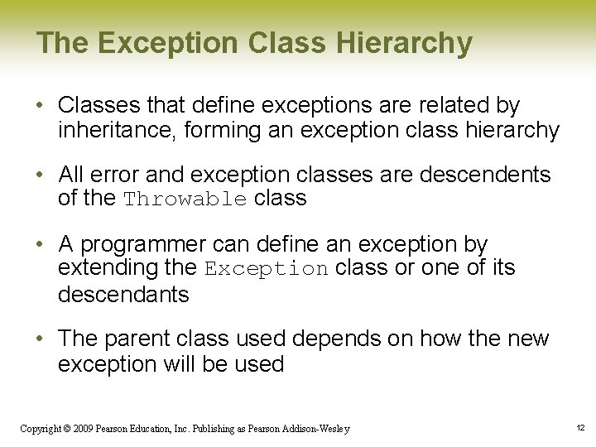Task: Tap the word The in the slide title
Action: (59, 43)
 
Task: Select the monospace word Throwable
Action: (185, 199)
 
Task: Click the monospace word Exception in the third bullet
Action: (267, 269)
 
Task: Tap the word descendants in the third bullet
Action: (123, 294)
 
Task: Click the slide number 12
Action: (579, 428)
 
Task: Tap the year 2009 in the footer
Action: (82, 429)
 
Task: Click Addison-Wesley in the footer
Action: (316, 429)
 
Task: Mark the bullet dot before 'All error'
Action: (41, 175)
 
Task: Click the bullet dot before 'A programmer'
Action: (41, 245)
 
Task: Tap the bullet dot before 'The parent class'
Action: (41, 339)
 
